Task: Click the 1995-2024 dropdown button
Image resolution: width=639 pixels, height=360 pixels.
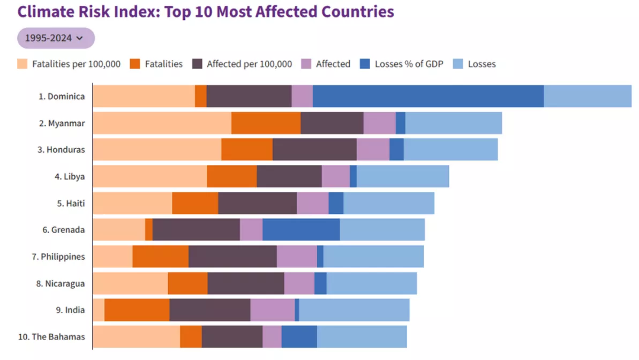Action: coord(56,38)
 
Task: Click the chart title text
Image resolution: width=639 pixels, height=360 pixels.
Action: coord(206,12)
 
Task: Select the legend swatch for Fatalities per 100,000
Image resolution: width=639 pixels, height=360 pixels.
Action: coord(22,64)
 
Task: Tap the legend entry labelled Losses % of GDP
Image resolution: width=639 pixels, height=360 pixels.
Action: coord(409,64)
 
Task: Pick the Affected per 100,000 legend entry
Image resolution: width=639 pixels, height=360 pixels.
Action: coord(249,64)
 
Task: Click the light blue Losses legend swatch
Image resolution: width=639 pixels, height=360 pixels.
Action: coord(458,64)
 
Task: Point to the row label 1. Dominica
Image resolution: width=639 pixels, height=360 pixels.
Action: coord(61,96)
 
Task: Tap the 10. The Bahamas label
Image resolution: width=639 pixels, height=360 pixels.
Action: coord(51,337)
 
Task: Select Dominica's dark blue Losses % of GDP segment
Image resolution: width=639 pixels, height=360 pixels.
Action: coord(428,96)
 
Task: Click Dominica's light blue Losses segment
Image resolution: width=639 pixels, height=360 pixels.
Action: coord(588,96)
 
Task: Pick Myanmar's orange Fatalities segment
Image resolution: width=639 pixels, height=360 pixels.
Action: coord(266,123)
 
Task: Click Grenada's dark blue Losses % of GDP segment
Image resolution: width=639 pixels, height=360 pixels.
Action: coord(301,230)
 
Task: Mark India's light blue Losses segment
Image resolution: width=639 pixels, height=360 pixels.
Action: coord(354,310)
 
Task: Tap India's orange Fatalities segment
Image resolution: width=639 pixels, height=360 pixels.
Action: coord(137,310)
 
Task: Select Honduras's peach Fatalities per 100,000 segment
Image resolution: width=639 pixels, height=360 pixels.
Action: coord(157,149)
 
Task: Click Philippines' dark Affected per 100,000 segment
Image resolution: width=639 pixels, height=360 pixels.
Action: coord(232,256)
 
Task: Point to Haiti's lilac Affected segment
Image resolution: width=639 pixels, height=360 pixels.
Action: coord(313,203)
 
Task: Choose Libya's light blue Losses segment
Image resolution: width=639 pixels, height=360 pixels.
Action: coord(403,176)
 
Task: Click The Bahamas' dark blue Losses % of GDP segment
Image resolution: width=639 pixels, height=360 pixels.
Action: coord(299,336)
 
